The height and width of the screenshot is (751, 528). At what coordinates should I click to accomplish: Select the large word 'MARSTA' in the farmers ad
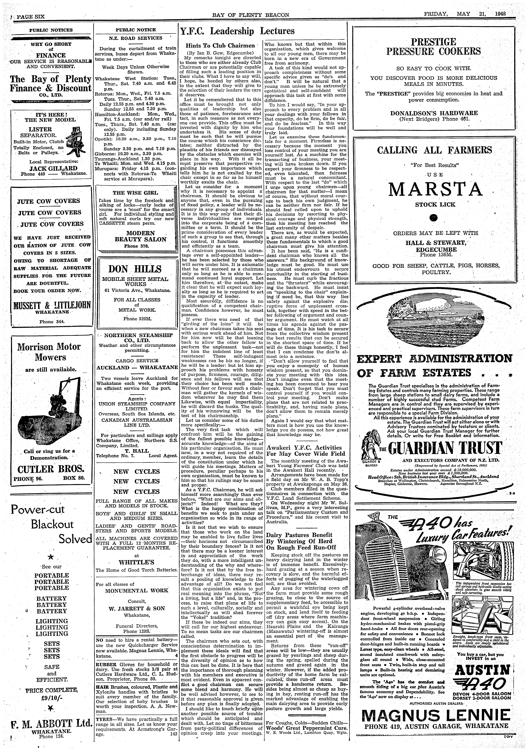[x=436, y=189]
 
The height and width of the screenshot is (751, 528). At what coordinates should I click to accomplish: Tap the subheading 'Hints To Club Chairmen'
[x=220, y=45]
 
